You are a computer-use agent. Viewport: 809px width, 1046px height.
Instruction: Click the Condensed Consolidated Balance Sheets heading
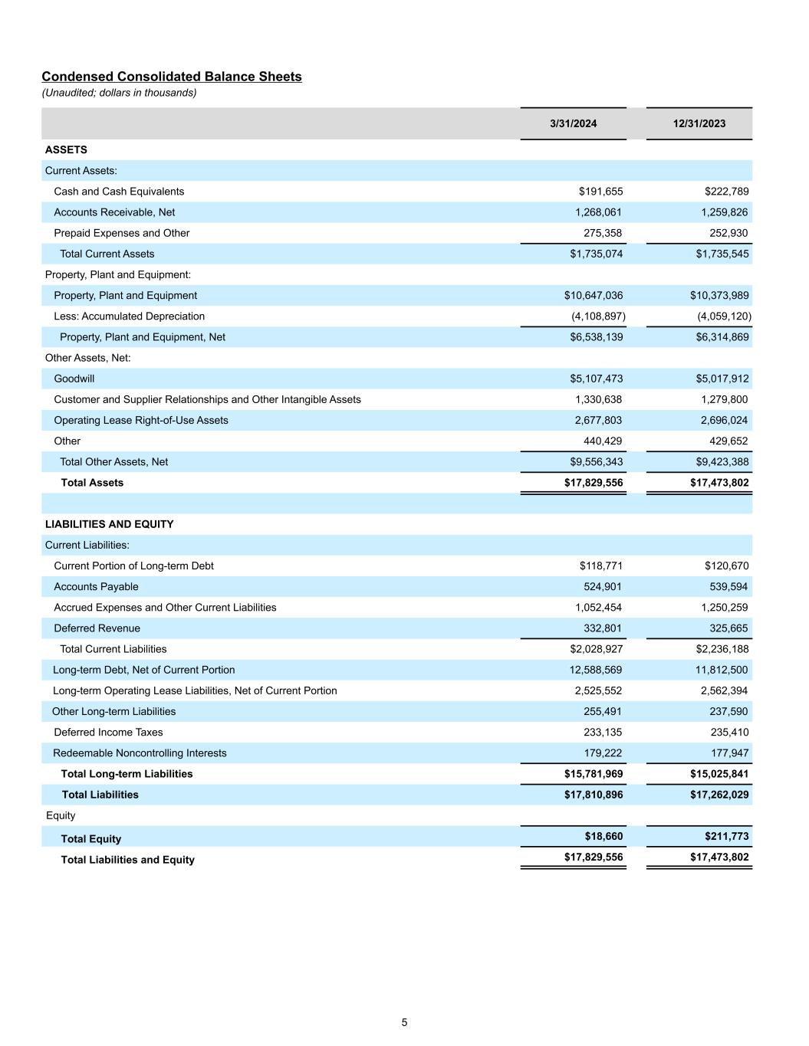click(x=172, y=77)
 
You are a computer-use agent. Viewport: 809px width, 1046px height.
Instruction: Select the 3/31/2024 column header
click(x=573, y=123)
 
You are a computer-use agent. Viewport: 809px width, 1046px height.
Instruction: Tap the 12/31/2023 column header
click(x=699, y=123)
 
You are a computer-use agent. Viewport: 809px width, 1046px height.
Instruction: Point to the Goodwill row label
click(x=74, y=379)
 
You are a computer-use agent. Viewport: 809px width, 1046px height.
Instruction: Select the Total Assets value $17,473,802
click(x=719, y=483)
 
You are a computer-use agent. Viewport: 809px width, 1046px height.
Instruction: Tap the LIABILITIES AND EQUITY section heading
click(x=110, y=524)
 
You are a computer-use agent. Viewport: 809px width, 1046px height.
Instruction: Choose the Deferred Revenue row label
click(x=97, y=628)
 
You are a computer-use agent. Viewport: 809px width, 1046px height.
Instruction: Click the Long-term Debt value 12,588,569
click(x=593, y=670)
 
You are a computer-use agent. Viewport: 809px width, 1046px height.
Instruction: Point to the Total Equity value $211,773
click(x=726, y=836)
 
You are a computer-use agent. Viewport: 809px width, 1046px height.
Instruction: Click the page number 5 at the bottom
click(x=404, y=1022)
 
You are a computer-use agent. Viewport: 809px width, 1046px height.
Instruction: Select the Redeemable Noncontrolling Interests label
click(x=140, y=753)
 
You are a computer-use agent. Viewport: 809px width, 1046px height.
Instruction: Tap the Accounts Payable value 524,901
click(x=603, y=587)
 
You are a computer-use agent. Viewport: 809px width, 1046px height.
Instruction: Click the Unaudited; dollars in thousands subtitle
click(x=119, y=93)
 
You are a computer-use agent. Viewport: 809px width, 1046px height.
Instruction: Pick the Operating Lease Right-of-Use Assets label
click(x=141, y=420)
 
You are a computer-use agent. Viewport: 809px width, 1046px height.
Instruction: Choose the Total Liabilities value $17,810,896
click(x=594, y=795)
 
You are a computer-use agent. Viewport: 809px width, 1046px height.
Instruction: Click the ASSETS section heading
click(x=66, y=150)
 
